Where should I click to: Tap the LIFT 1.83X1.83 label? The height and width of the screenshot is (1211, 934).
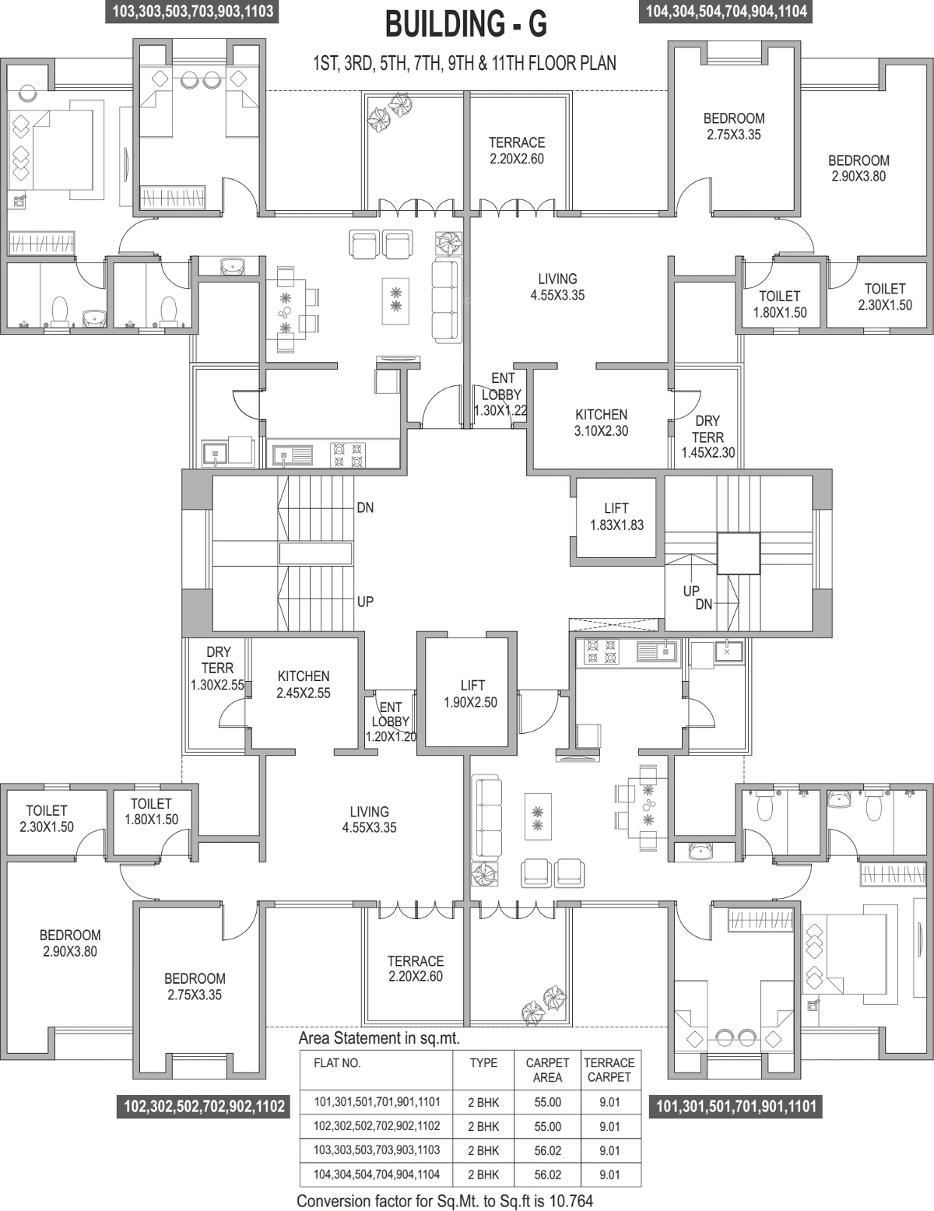pos(617,517)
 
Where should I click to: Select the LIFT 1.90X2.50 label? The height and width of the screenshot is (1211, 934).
pos(471,693)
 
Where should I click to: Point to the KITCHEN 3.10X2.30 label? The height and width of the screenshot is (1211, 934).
pos(602,423)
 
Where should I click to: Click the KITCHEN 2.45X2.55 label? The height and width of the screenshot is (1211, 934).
pos(304,684)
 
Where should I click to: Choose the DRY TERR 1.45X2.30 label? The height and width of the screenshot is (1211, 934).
pos(708,437)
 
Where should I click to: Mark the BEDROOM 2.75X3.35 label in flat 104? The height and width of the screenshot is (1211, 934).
pos(734,127)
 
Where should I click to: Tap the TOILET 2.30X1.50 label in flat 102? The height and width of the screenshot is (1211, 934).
pos(46,819)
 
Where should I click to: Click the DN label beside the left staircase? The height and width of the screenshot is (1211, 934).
pos(366,507)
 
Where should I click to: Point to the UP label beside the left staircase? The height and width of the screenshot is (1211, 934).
pos(366,602)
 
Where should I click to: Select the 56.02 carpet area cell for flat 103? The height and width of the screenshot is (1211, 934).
pos(547,1151)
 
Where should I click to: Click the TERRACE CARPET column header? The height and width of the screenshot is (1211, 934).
pos(609,1070)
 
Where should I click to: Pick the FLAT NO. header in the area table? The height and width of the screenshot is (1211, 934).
pos(337,1063)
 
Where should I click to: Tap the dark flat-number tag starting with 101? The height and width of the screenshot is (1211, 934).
pos(736,1106)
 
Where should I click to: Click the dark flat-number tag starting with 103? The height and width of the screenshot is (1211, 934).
pos(193,11)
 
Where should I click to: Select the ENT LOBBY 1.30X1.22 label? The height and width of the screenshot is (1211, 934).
pos(500,395)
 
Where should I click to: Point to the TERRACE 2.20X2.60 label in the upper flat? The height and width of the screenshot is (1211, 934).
pos(517,150)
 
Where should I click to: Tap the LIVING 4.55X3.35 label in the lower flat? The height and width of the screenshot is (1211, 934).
pos(370,820)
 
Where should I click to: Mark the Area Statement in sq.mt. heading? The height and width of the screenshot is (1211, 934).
pos(379,1038)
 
